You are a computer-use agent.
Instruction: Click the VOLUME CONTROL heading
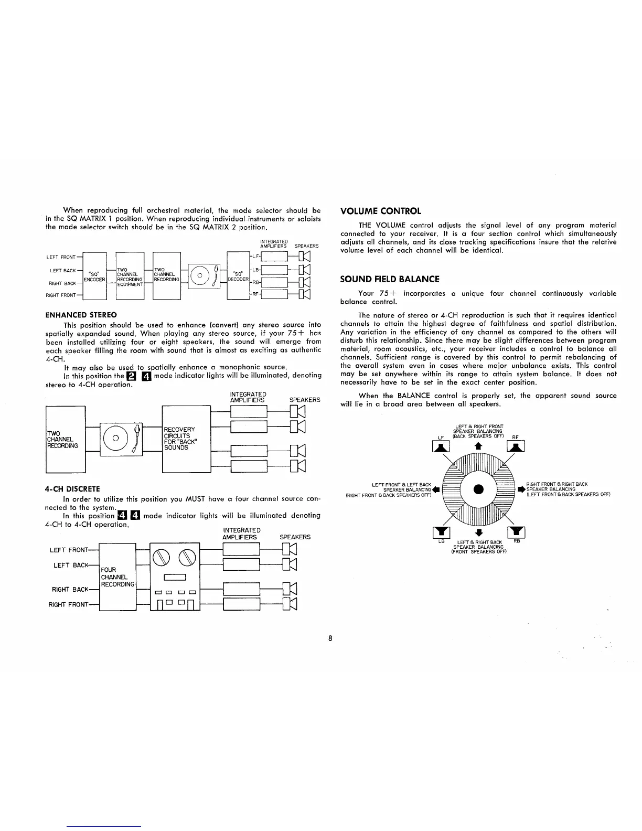380,211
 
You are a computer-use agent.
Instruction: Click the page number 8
330,638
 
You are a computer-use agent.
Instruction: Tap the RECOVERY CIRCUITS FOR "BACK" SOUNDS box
186,439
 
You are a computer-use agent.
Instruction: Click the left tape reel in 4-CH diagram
161,556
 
